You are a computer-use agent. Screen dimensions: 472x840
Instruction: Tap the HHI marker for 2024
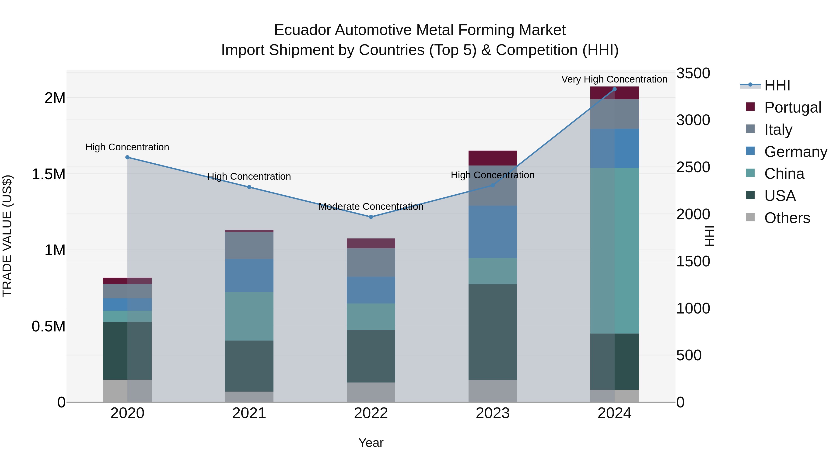click(614, 89)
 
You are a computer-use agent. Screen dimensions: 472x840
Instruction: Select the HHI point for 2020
click(127, 157)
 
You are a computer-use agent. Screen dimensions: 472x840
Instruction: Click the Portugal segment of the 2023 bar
click(493, 158)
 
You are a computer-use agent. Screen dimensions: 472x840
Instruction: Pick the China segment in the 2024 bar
click(614, 251)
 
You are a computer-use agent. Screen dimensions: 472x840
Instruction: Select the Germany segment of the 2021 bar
click(249, 275)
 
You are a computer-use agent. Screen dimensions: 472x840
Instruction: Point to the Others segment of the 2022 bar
click(371, 392)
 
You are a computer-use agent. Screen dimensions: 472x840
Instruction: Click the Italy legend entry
click(778, 130)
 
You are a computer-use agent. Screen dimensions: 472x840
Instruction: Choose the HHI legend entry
click(777, 85)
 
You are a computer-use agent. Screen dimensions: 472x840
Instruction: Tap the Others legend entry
click(787, 218)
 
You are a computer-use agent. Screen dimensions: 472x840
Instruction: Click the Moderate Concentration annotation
click(371, 207)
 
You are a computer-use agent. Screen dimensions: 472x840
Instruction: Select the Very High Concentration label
click(614, 79)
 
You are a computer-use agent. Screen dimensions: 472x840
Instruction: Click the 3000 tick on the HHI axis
click(693, 120)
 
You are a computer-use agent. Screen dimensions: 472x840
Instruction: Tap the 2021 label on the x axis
click(249, 413)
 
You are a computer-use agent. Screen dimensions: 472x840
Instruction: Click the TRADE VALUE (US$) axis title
click(7, 236)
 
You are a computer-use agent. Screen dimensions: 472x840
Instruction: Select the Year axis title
click(371, 443)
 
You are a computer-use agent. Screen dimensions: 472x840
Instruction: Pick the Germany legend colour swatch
click(750, 151)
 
